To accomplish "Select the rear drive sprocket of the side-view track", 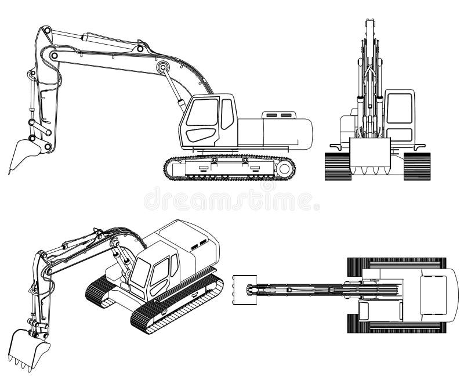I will click(x=284, y=168).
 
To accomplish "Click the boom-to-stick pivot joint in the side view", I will click(x=53, y=56).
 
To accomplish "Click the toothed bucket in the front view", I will click(x=370, y=157).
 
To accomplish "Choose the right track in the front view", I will click(x=416, y=166).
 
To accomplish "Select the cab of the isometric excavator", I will click(x=153, y=272).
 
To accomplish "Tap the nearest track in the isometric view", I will click(x=174, y=305).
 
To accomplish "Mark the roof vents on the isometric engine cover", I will click(x=199, y=243).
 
